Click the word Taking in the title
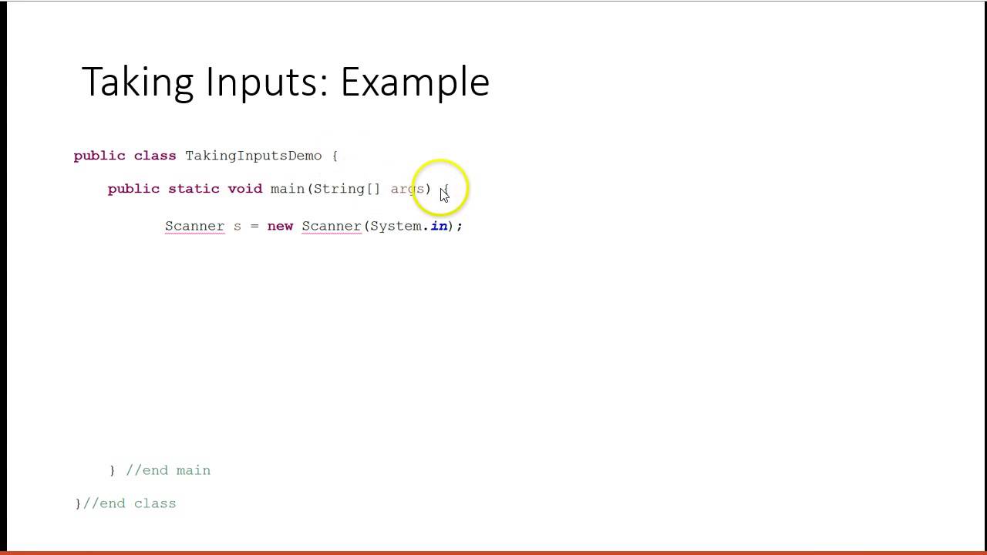coord(137,82)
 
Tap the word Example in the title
coord(415,82)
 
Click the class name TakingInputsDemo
coord(253,156)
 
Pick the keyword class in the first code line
coord(155,156)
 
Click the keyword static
coord(194,189)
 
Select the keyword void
coord(244,189)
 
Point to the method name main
coord(288,189)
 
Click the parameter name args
coord(407,189)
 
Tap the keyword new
coord(280,226)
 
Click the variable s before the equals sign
coord(237,227)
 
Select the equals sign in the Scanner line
coord(254,227)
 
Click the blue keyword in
coord(439,226)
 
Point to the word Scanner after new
coord(332,226)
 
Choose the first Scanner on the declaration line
coord(194,226)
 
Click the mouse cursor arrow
coord(444,195)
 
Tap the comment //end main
coord(168,470)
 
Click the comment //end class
coord(130,503)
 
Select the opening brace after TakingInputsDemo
coord(335,156)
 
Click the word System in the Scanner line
coord(396,226)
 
